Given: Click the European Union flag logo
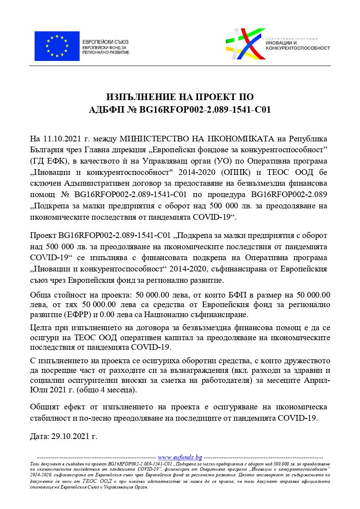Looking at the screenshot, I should (x=57, y=46).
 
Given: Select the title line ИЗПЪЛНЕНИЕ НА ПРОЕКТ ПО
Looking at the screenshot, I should (x=180, y=97).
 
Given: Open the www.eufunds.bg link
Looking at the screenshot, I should (x=180, y=457).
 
